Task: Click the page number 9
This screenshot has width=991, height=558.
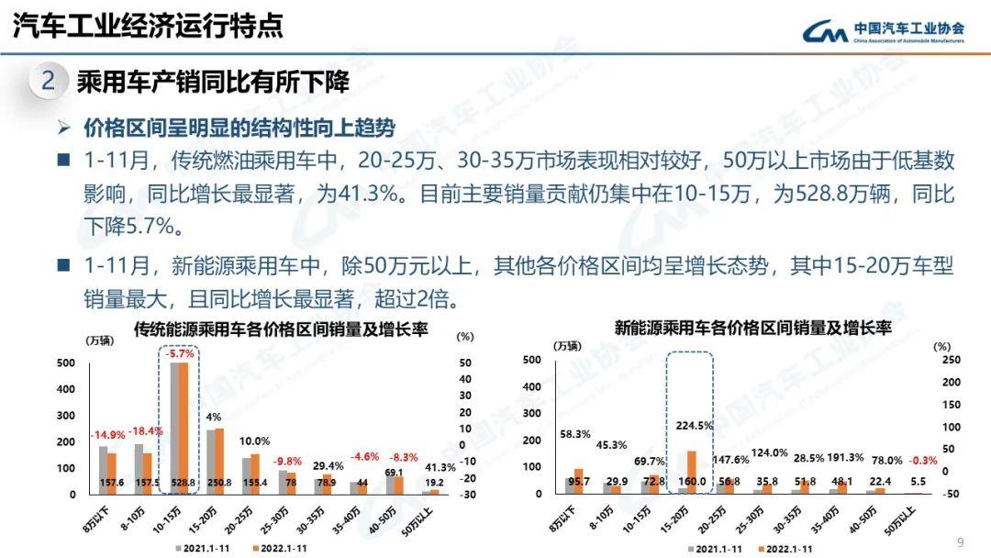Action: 960,541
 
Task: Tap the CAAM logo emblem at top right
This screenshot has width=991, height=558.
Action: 825,33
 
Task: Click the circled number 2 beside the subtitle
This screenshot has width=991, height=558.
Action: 49,83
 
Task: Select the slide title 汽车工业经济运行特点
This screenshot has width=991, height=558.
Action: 148,25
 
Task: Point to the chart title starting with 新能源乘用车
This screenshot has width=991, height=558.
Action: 752,327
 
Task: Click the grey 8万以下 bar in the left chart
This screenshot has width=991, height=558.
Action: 103,470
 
